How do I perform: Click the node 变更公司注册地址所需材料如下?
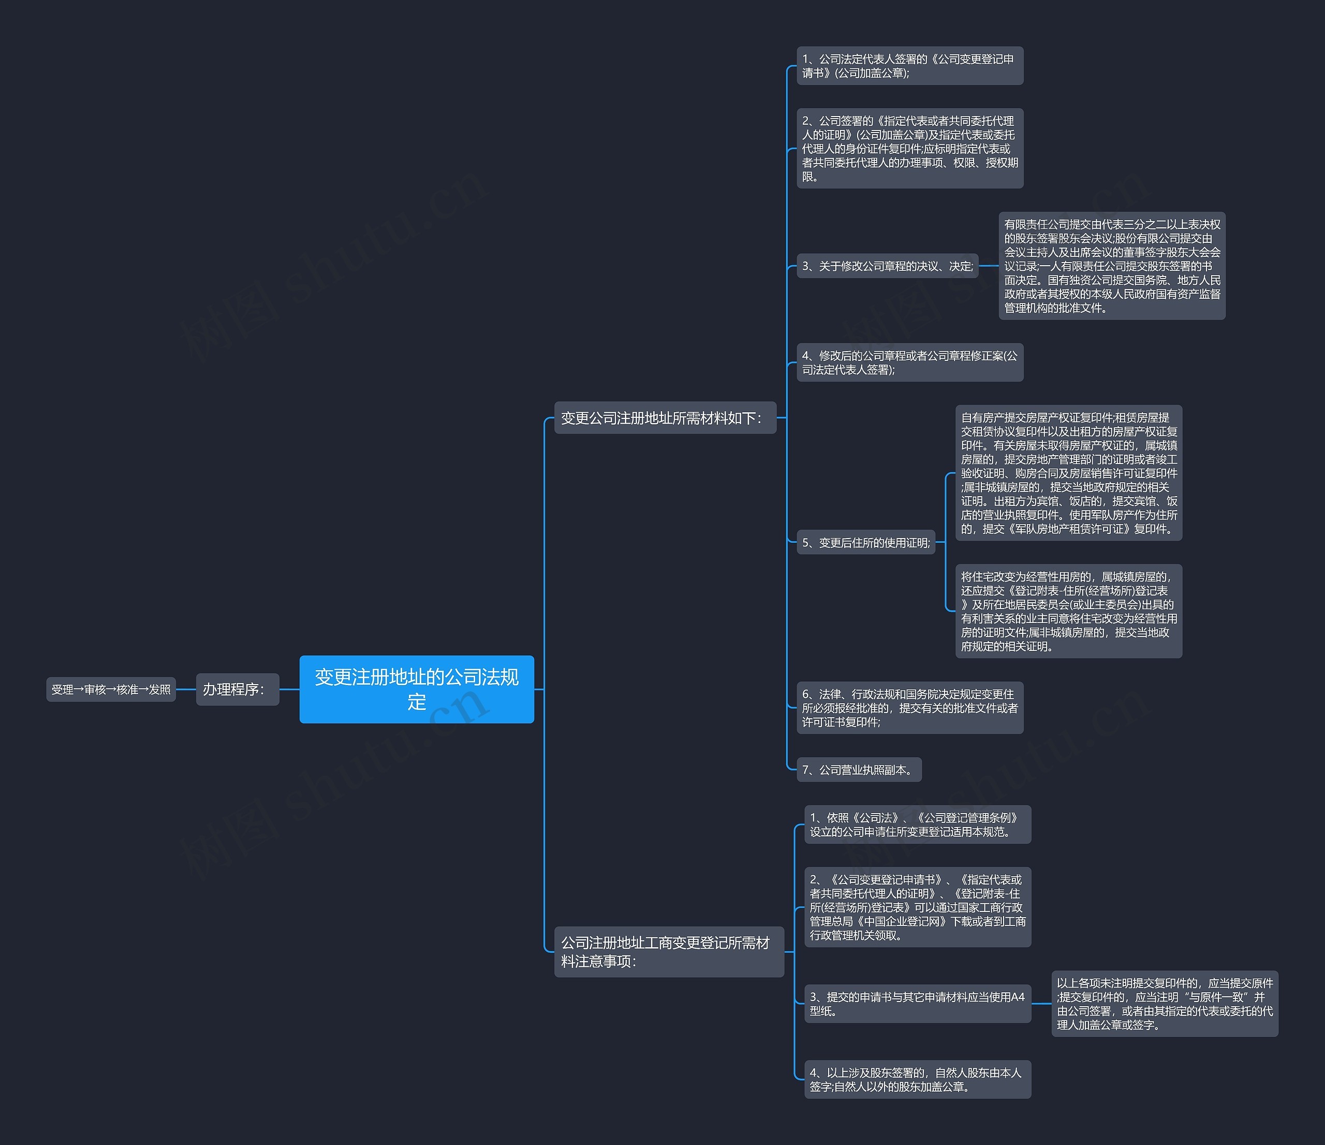(665, 418)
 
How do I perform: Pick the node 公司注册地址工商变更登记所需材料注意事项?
(669, 951)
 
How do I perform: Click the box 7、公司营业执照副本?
(859, 770)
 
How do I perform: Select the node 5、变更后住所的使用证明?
(866, 542)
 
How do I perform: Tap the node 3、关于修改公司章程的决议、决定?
(888, 266)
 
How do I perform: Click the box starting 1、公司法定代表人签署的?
(910, 65)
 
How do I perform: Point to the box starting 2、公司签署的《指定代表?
(910, 149)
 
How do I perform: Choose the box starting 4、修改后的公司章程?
(910, 362)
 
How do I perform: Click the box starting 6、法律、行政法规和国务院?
(910, 707)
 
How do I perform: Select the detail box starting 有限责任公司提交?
(1112, 266)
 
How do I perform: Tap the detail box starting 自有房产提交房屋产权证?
(1069, 473)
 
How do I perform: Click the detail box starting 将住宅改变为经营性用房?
(1069, 611)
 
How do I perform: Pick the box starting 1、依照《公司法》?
(918, 824)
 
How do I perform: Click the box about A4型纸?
(918, 1004)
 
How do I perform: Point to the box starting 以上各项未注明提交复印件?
(1165, 1004)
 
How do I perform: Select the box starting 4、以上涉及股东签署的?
(918, 1079)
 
